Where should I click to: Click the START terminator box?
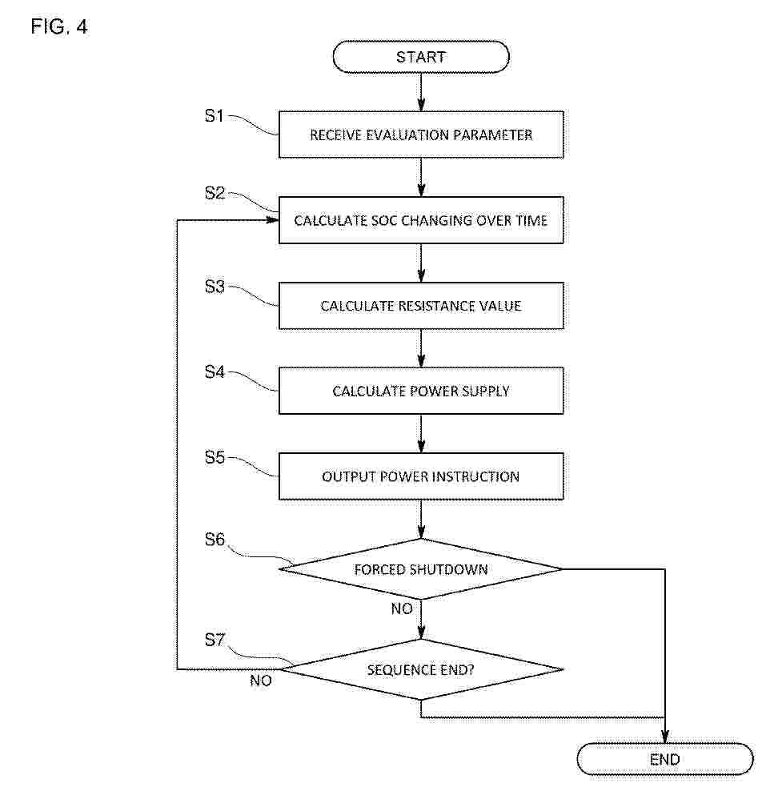[421, 57]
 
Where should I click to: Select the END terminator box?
[664, 759]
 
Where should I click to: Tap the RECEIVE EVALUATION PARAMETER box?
[421, 135]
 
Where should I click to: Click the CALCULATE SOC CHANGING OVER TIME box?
[421, 220]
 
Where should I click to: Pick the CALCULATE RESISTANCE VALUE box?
[421, 306]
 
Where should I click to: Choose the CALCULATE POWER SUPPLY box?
[421, 391]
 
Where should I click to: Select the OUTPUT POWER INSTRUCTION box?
[421, 476]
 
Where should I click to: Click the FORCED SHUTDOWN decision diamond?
[421, 569]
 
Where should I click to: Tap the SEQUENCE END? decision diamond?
[421, 669]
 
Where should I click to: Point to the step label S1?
[215, 116]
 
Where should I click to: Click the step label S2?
[215, 193]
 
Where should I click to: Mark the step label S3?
[215, 287]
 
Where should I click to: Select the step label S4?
[215, 372]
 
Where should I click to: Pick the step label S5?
[215, 457]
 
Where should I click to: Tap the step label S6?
[215, 540]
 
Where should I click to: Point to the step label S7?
[215, 640]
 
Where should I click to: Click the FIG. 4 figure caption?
[59, 26]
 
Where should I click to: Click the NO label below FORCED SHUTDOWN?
[402, 608]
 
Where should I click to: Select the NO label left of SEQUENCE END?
[261, 681]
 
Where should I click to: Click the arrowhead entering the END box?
[664, 737]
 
